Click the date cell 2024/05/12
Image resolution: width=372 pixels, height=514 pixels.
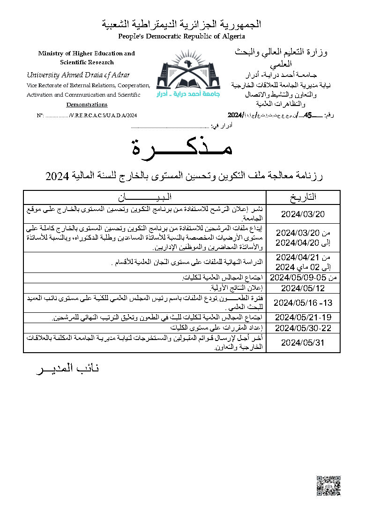[303, 287]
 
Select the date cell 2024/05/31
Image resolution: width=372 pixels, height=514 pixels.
[303, 343]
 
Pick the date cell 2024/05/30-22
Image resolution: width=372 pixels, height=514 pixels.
[303, 327]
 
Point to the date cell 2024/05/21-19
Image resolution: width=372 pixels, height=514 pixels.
[303, 317]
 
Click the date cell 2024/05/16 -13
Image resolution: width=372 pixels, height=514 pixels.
[303, 302]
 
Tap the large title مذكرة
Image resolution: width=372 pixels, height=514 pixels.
[181, 149]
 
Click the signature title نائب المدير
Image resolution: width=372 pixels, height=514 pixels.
[68, 369]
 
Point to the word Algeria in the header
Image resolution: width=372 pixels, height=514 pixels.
[233, 36]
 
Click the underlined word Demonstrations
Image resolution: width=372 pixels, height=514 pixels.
[87, 105]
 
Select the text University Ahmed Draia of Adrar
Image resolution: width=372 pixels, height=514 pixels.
[78, 75]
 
